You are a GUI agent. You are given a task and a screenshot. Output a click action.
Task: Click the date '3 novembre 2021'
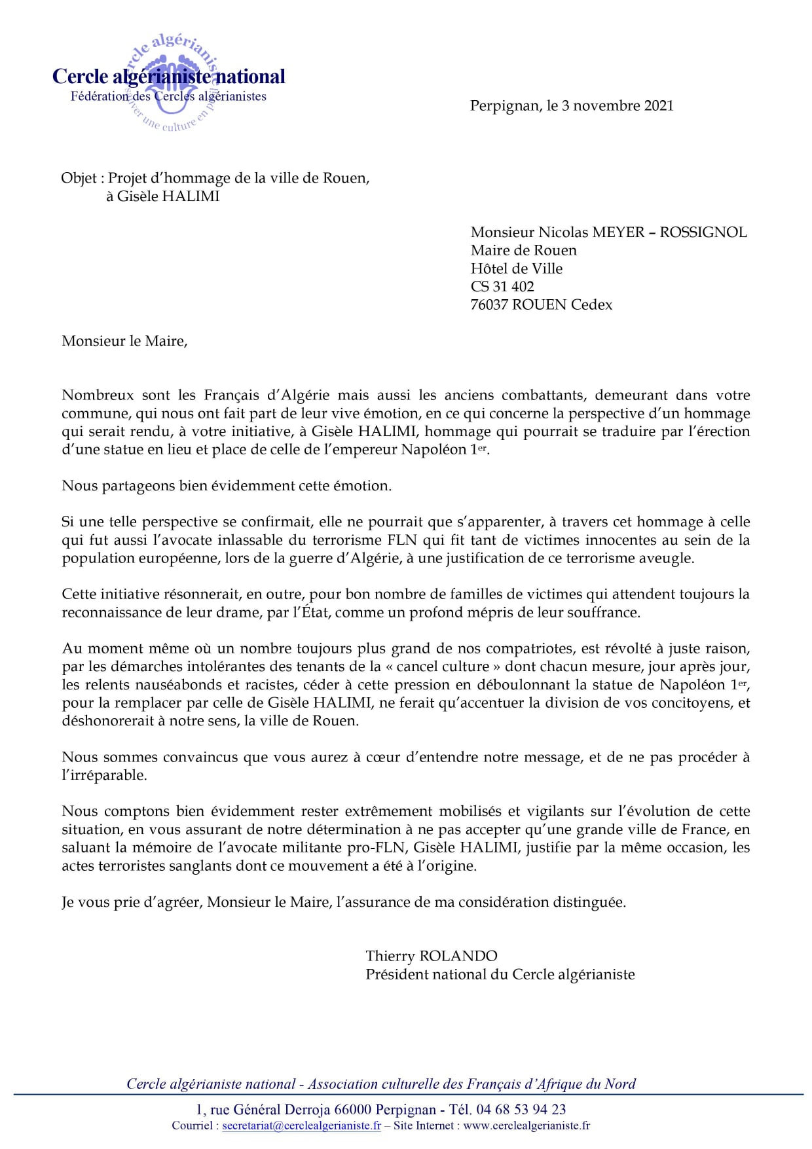coord(617,106)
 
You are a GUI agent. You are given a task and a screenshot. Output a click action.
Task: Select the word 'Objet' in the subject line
coord(79,178)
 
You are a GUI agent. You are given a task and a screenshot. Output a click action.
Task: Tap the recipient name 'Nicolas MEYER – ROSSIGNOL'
coord(642,232)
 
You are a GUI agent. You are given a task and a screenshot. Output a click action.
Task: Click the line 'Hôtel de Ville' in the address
coord(516,268)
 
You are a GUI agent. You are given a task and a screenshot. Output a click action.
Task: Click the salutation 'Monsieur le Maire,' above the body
coord(124,341)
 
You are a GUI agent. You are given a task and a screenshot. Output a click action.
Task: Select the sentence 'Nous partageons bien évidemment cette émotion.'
coord(227,486)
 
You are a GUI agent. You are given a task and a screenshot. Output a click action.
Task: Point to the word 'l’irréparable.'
coord(104,776)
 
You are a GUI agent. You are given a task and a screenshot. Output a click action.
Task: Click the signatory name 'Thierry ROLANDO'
coord(432,956)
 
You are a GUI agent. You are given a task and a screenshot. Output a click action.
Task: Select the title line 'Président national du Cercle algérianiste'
coord(500,974)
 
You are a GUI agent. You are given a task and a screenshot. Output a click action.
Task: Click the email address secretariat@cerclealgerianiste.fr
coord(301,1126)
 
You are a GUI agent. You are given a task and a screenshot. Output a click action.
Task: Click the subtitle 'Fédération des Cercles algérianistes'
coord(168,96)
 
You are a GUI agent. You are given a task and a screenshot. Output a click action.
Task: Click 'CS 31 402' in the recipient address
coord(502,287)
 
